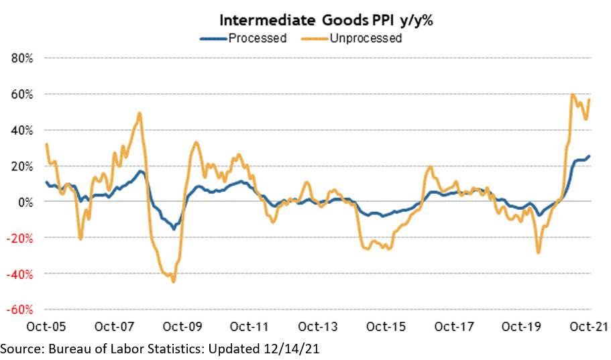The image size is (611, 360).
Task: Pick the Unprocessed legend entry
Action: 365,38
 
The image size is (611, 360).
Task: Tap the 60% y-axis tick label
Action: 23,94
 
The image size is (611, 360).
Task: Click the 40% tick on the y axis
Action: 23,130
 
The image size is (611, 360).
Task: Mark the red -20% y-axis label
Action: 21,238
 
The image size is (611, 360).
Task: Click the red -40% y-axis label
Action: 21,274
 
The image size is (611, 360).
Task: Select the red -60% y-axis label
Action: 21,310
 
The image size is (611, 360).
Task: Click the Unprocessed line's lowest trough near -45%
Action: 173,282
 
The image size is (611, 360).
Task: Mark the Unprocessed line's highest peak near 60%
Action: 572,95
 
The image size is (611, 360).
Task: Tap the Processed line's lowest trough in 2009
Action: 173,229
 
